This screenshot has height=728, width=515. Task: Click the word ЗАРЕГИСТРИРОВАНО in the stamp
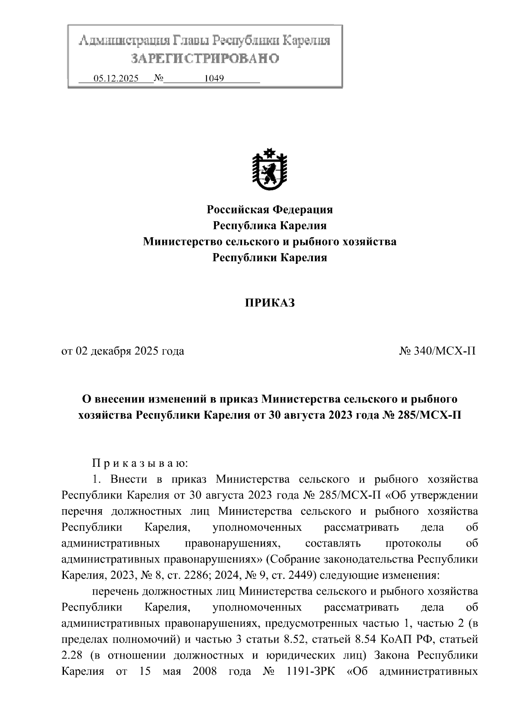click(x=205, y=58)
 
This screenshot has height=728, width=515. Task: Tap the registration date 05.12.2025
click(x=116, y=79)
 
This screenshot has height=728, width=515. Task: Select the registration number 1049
click(x=214, y=79)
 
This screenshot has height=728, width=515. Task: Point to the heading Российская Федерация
click(x=270, y=209)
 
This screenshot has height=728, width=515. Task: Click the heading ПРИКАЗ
click(x=270, y=303)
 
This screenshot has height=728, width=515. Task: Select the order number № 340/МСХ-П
click(x=437, y=351)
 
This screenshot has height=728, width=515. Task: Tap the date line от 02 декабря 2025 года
click(x=123, y=351)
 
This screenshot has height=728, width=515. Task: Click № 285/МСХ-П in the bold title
click(x=421, y=415)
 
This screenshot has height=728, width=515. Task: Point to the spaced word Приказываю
click(x=140, y=463)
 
